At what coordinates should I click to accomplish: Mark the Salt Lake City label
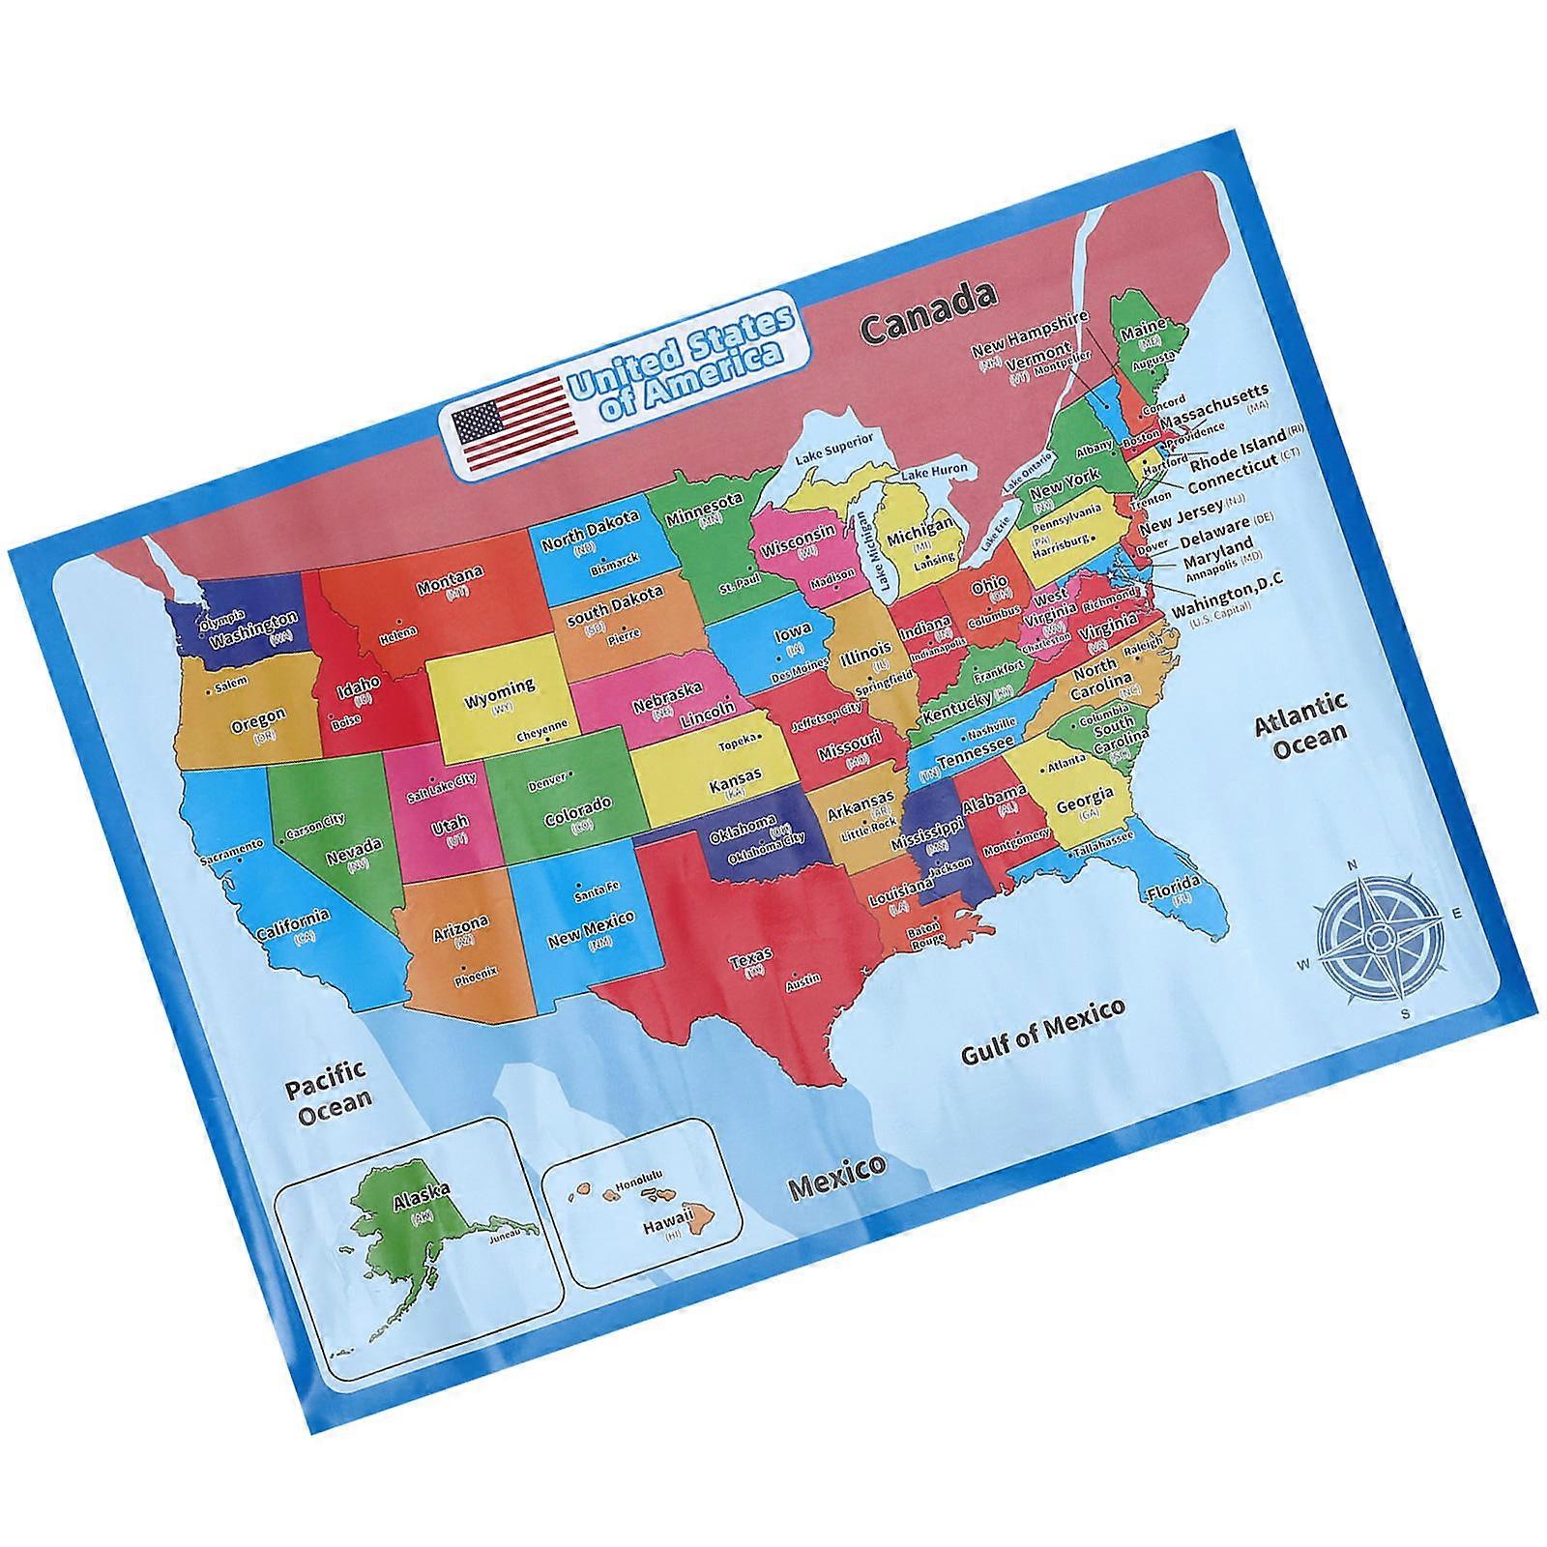442,786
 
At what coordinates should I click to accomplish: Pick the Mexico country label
837,1175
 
